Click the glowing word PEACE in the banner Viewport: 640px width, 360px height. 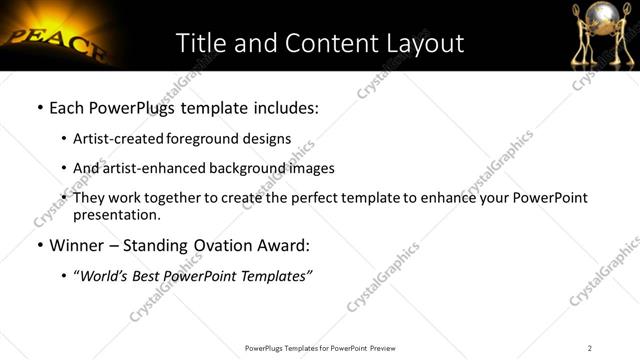(50, 42)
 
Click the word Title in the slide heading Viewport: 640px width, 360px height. (200, 43)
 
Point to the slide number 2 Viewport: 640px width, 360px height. (590, 347)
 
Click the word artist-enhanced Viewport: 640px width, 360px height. (147, 168)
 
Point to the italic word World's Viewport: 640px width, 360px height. (104, 276)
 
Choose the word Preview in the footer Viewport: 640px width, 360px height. (383, 347)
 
